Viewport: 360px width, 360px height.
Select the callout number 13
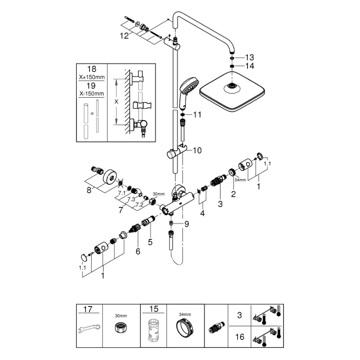pos(249,57)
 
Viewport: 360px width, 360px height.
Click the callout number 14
pos(249,66)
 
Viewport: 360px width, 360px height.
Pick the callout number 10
pos(198,150)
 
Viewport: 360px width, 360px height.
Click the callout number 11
pos(198,115)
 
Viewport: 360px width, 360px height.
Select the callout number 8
pos(89,190)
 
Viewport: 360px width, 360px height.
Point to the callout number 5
pos(150,242)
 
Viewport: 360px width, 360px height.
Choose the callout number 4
pos(202,213)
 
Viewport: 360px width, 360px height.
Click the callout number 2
pos(233,194)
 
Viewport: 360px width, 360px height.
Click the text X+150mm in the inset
pos(92,77)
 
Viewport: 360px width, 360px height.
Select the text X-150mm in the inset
pos(92,94)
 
